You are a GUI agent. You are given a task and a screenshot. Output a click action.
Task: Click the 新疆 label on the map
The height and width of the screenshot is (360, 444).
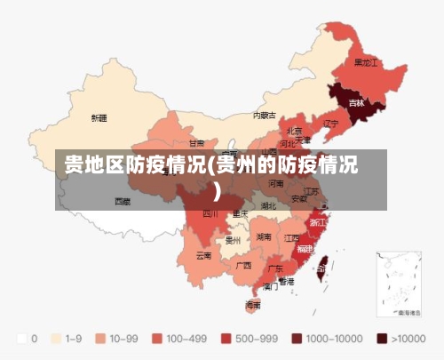tap(99, 117)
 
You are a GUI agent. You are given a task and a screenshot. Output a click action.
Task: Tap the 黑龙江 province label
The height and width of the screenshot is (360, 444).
tap(366, 63)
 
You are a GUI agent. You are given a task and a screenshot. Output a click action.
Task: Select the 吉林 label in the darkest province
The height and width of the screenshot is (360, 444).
tap(356, 103)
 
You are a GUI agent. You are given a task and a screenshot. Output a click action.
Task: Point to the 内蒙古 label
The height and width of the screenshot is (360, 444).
tap(265, 116)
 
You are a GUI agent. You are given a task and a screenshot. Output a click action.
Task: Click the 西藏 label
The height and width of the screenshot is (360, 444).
tap(123, 201)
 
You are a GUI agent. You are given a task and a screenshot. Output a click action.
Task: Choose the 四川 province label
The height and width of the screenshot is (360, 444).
tap(210, 213)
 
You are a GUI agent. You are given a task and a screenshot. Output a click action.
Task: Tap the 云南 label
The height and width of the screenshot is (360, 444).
tap(204, 255)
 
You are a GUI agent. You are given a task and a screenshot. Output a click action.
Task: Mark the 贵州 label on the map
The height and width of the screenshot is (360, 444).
tap(234, 239)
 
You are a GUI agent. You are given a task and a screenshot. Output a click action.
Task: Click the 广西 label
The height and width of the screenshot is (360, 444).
tap(243, 265)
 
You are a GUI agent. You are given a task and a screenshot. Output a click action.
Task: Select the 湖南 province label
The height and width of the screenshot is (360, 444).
tap(264, 237)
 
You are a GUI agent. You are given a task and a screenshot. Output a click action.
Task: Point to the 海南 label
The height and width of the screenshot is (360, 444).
tap(253, 304)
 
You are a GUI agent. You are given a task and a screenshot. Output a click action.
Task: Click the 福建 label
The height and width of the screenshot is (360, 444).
tap(305, 248)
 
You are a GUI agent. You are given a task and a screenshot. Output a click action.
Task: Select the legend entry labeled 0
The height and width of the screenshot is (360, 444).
tap(28, 339)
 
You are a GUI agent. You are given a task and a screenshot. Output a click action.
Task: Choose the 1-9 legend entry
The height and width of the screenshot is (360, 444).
tap(69, 339)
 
